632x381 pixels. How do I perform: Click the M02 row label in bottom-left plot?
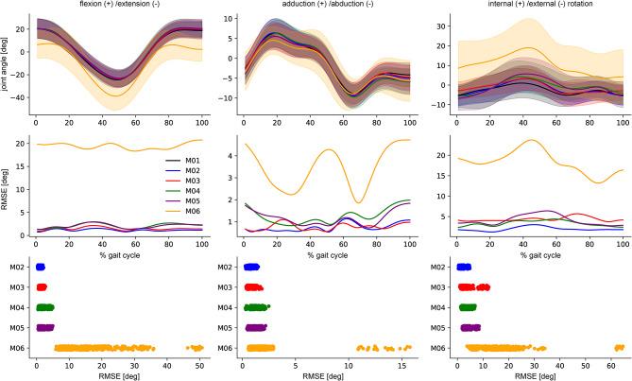(17, 268)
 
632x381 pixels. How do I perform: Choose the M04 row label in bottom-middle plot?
(227, 307)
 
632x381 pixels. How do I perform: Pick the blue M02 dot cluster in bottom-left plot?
(40, 268)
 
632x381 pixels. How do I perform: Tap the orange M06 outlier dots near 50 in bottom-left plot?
(196, 348)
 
